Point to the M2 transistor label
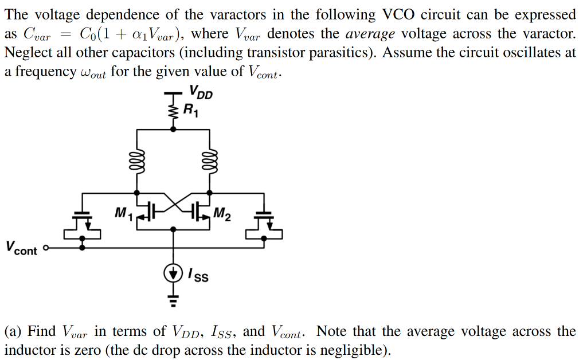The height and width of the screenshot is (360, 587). [x=222, y=216]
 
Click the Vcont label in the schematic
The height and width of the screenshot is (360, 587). [x=21, y=248]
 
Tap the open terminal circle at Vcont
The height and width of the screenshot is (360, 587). [x=46, y=249]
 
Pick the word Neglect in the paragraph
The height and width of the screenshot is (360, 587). [x=26, y=53]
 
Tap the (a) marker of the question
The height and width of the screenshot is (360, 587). [x=14, y=331]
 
